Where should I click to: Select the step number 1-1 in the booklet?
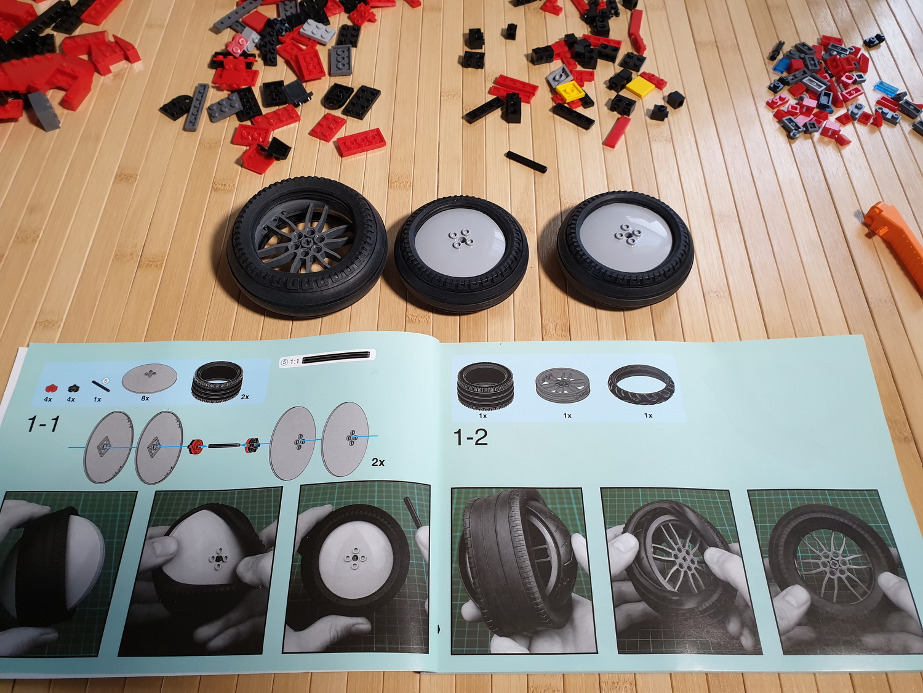click(43, 424)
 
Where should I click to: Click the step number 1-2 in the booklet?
click(471, 437)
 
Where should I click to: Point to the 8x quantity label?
click(145, 397)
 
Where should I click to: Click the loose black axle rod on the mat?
click(527, 162)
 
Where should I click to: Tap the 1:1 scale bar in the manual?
click(335, 360)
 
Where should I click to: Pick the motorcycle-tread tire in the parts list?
click(641, 385)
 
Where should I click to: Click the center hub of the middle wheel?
click(461, 238)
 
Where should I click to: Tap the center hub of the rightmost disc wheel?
click(625, 234)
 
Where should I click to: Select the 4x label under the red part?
click(48, 399)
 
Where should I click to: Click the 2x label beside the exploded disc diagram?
click(378, 462)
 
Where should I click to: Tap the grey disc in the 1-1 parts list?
click(150, 377)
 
